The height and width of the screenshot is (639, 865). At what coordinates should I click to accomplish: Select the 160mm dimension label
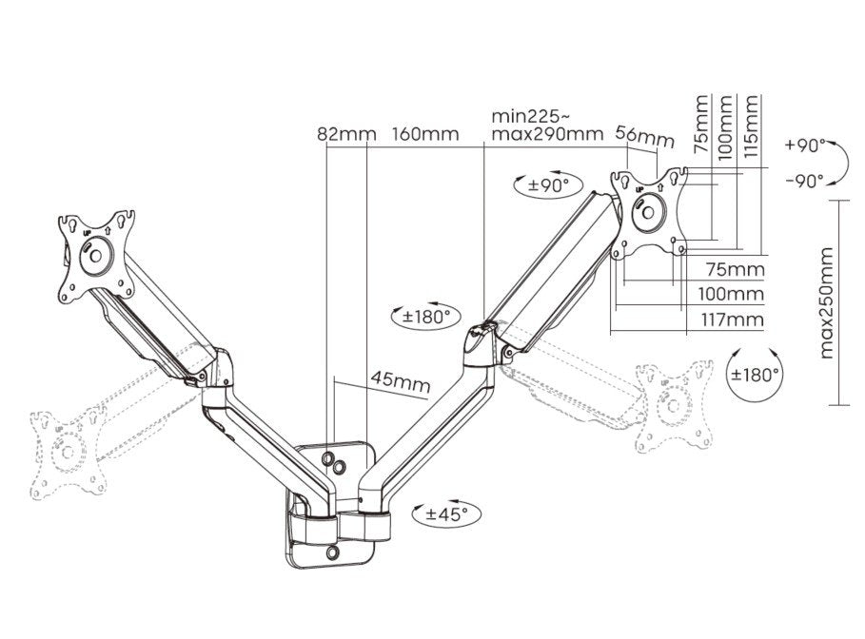tap(424, 134)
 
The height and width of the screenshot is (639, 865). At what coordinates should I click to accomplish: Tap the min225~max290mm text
tap(547, 125)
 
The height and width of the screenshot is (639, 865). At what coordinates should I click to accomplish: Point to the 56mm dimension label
tap(644, 137)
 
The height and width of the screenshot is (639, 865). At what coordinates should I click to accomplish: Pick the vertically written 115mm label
tap(753, 126)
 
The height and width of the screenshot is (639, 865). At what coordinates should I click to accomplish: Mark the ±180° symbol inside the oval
tap(422, 316)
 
